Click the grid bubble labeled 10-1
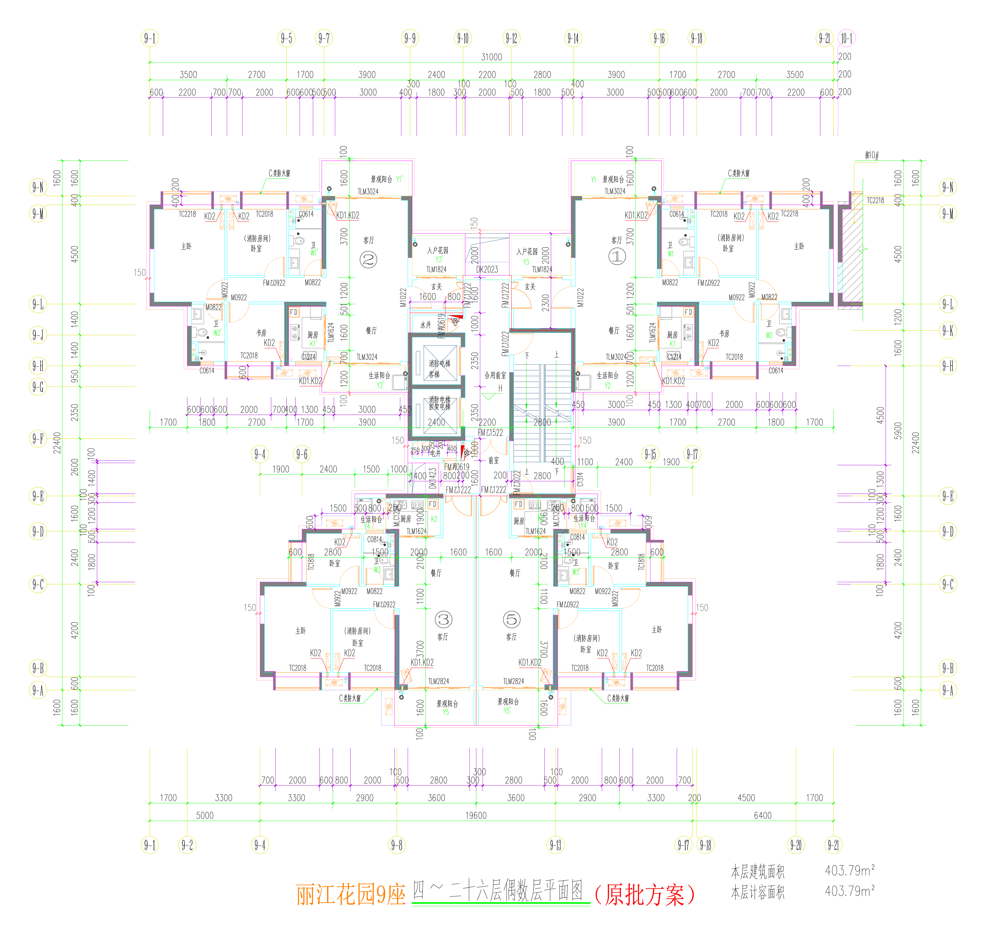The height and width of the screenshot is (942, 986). [x=847, y=38]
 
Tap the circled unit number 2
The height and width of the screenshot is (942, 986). [x=369, y=260]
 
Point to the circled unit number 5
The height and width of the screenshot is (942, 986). [x=511, y=620]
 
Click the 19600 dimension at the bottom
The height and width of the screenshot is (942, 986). [x=475, y=815]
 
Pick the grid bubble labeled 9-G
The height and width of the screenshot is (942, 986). [x=38, y=387]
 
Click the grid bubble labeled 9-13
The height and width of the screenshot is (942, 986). [x=555, y=845]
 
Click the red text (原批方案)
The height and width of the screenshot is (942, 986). [x=645, y=895]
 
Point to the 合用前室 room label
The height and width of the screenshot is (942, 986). [x=495, y=376]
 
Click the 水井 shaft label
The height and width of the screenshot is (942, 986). [x=426, y=325]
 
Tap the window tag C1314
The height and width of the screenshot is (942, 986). [x=580, y=480]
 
